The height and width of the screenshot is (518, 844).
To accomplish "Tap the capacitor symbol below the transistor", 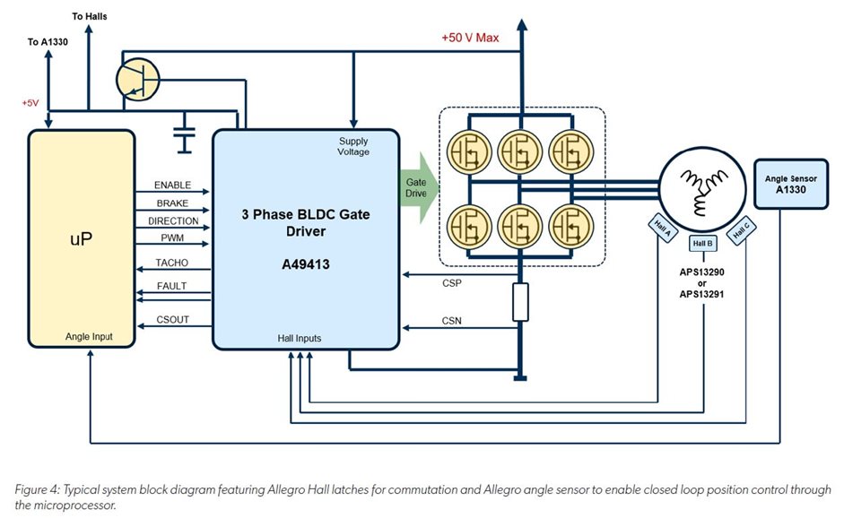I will (x=185, y=135).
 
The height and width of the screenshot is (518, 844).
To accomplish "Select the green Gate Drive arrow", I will (x=418, y=186).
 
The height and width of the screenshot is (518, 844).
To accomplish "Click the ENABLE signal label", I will (x=172, y=185).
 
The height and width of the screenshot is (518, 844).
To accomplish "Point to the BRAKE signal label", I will (x=172, y=203).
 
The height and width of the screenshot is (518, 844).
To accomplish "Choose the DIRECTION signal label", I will (x=172, y=220).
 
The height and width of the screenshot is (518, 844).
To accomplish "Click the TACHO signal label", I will (x=172, y=263).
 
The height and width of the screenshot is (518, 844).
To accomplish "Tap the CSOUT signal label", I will (x=172, y=319).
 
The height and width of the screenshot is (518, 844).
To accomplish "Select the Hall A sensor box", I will (x=662, y=230).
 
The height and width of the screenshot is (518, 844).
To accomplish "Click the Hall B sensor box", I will (x=702, y=243).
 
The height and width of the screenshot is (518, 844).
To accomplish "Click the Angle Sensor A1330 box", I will (x=791, y=185).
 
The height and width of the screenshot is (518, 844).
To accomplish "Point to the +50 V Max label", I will (x=470, y=38).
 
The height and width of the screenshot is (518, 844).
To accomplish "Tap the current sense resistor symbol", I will (x=519, y=304).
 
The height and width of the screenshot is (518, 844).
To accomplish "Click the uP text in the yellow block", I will (x=83, y=241).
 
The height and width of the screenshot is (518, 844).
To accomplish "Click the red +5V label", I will (x=30, y=103).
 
